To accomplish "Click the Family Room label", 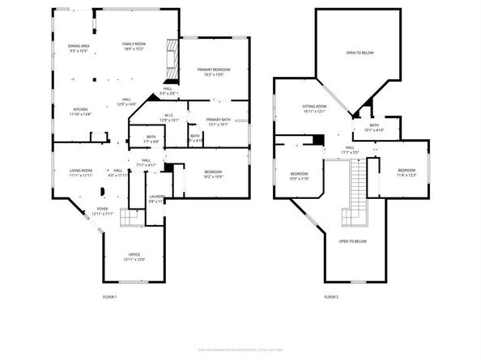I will tap(133, 46).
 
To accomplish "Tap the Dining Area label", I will tap(79, 49).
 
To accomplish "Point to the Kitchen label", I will tap(81, 112).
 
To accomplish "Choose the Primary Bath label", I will tap(219, 122).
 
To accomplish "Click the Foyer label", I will tap(103, 211).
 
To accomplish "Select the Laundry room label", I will tap(157, 199).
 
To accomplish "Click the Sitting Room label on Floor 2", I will tap(314, 109).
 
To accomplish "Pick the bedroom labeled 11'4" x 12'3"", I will tap(406, 172).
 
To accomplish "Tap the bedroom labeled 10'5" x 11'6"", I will tap(300, 176).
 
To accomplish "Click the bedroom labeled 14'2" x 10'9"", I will tap(213, 174).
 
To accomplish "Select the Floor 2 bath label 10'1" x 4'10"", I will tap(374, 128).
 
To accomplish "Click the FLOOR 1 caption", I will tap(110, 298).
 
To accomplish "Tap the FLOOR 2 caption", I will tap(331, 298).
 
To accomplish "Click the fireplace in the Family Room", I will tap(170, 61).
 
